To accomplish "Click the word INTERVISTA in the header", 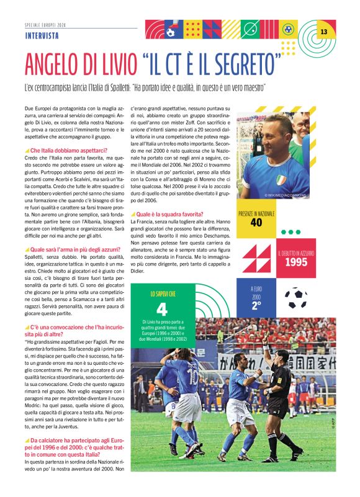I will (x=42, y=35).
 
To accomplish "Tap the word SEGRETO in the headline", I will (x=244, y=64).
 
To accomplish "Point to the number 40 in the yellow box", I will (x=256, y=222).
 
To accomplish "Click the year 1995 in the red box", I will (x=296, y=262).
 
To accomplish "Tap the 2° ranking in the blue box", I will (x=256, y=305).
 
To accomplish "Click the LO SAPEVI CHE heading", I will (x=161, y=293).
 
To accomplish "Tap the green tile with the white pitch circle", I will (x=251, y=29).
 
